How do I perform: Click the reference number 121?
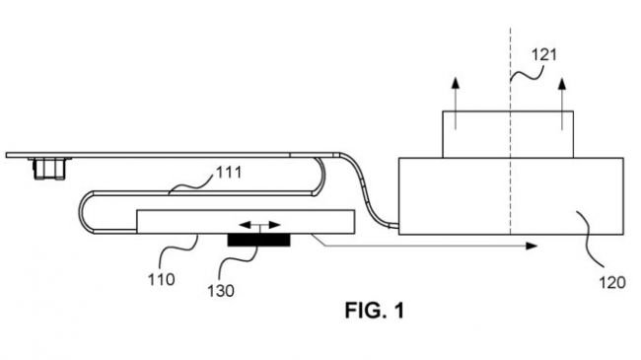(x=543, y=55)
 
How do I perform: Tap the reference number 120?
(x=612, y=282)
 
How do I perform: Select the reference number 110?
(x=161, y=280)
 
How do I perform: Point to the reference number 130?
(x=221, y=291)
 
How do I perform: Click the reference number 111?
(x=229, y=173)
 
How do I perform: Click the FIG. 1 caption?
(x=375, y=310)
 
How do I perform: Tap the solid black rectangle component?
(x=258, y=240)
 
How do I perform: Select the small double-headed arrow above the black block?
(x=259, y=225)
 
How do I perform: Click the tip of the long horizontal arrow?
(x=537, y=246)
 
